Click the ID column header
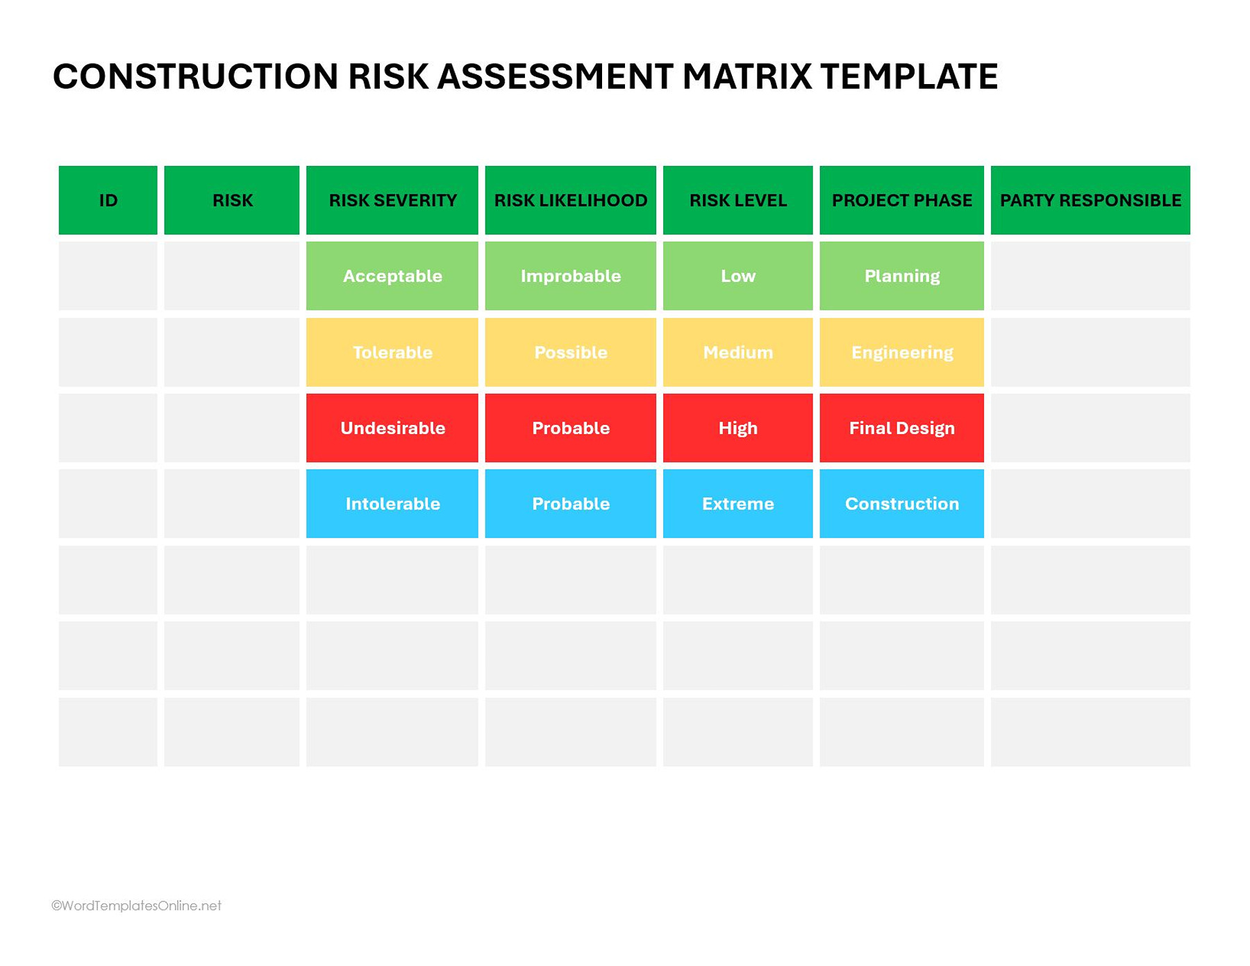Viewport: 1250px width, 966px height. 108,200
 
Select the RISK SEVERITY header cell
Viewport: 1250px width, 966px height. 392,200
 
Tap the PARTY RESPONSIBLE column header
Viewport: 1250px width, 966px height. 1090,200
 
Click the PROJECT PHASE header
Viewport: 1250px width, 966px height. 901,200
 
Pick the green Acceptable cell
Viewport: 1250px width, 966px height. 392,276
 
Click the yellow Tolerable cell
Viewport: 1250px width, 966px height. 392,352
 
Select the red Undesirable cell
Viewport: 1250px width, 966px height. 392,428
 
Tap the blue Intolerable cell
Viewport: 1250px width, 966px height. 392,503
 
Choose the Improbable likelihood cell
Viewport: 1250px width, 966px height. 570,276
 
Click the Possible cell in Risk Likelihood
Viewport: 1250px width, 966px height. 570,352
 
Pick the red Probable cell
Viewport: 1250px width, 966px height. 570,428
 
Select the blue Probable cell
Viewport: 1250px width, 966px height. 570,503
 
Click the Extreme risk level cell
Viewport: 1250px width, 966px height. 737,503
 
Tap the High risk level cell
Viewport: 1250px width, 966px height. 737,428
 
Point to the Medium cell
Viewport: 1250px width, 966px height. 737,352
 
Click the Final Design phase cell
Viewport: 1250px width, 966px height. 901,428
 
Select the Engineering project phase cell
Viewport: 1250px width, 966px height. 901,352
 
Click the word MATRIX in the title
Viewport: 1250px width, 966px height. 747,76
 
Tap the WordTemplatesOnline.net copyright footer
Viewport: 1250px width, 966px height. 137,906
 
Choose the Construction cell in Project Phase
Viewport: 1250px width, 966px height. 901,503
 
